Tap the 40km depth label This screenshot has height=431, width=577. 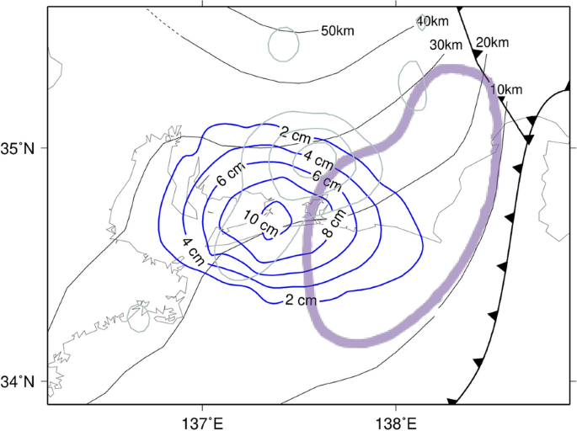pyautogui.click(x=432, y=21)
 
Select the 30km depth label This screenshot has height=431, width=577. pyautogui.click(x=446, y=45)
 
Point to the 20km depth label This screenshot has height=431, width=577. pyautogui.click(x=493, y=42)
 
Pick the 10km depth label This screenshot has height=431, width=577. pyautogui.click(x=505, y=89)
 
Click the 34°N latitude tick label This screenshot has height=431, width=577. pyautogui.click(x=24, y=381)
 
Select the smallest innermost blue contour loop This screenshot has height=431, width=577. pyautogui.click(x=273, y=220)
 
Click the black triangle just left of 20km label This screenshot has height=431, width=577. pyautogui.click(x=478, y=54)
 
